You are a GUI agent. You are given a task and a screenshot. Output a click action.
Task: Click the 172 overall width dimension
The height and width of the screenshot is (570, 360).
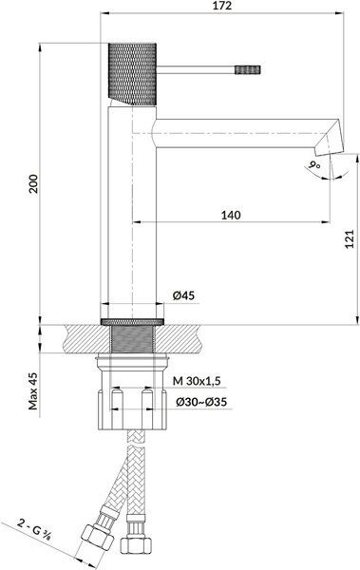pos(223,6)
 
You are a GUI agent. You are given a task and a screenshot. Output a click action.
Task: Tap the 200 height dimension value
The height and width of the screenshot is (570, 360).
pos(34,184)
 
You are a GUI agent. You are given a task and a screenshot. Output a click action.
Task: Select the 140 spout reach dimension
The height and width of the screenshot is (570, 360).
pos(231,216)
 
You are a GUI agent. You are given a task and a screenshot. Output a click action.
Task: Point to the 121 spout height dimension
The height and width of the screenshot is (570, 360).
pos(350,239)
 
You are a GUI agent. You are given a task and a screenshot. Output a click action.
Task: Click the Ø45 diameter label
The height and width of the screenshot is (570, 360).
pos(183,295)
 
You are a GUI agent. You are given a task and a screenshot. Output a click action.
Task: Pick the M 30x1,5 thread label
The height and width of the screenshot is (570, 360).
pos(197,381)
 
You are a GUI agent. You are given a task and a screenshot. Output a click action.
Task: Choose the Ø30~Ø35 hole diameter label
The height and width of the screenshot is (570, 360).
pos(201,402)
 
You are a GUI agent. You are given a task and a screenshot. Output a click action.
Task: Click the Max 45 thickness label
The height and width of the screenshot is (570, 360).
pos(34,391)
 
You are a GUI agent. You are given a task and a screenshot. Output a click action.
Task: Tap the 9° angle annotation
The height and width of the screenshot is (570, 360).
pos(313,164)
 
